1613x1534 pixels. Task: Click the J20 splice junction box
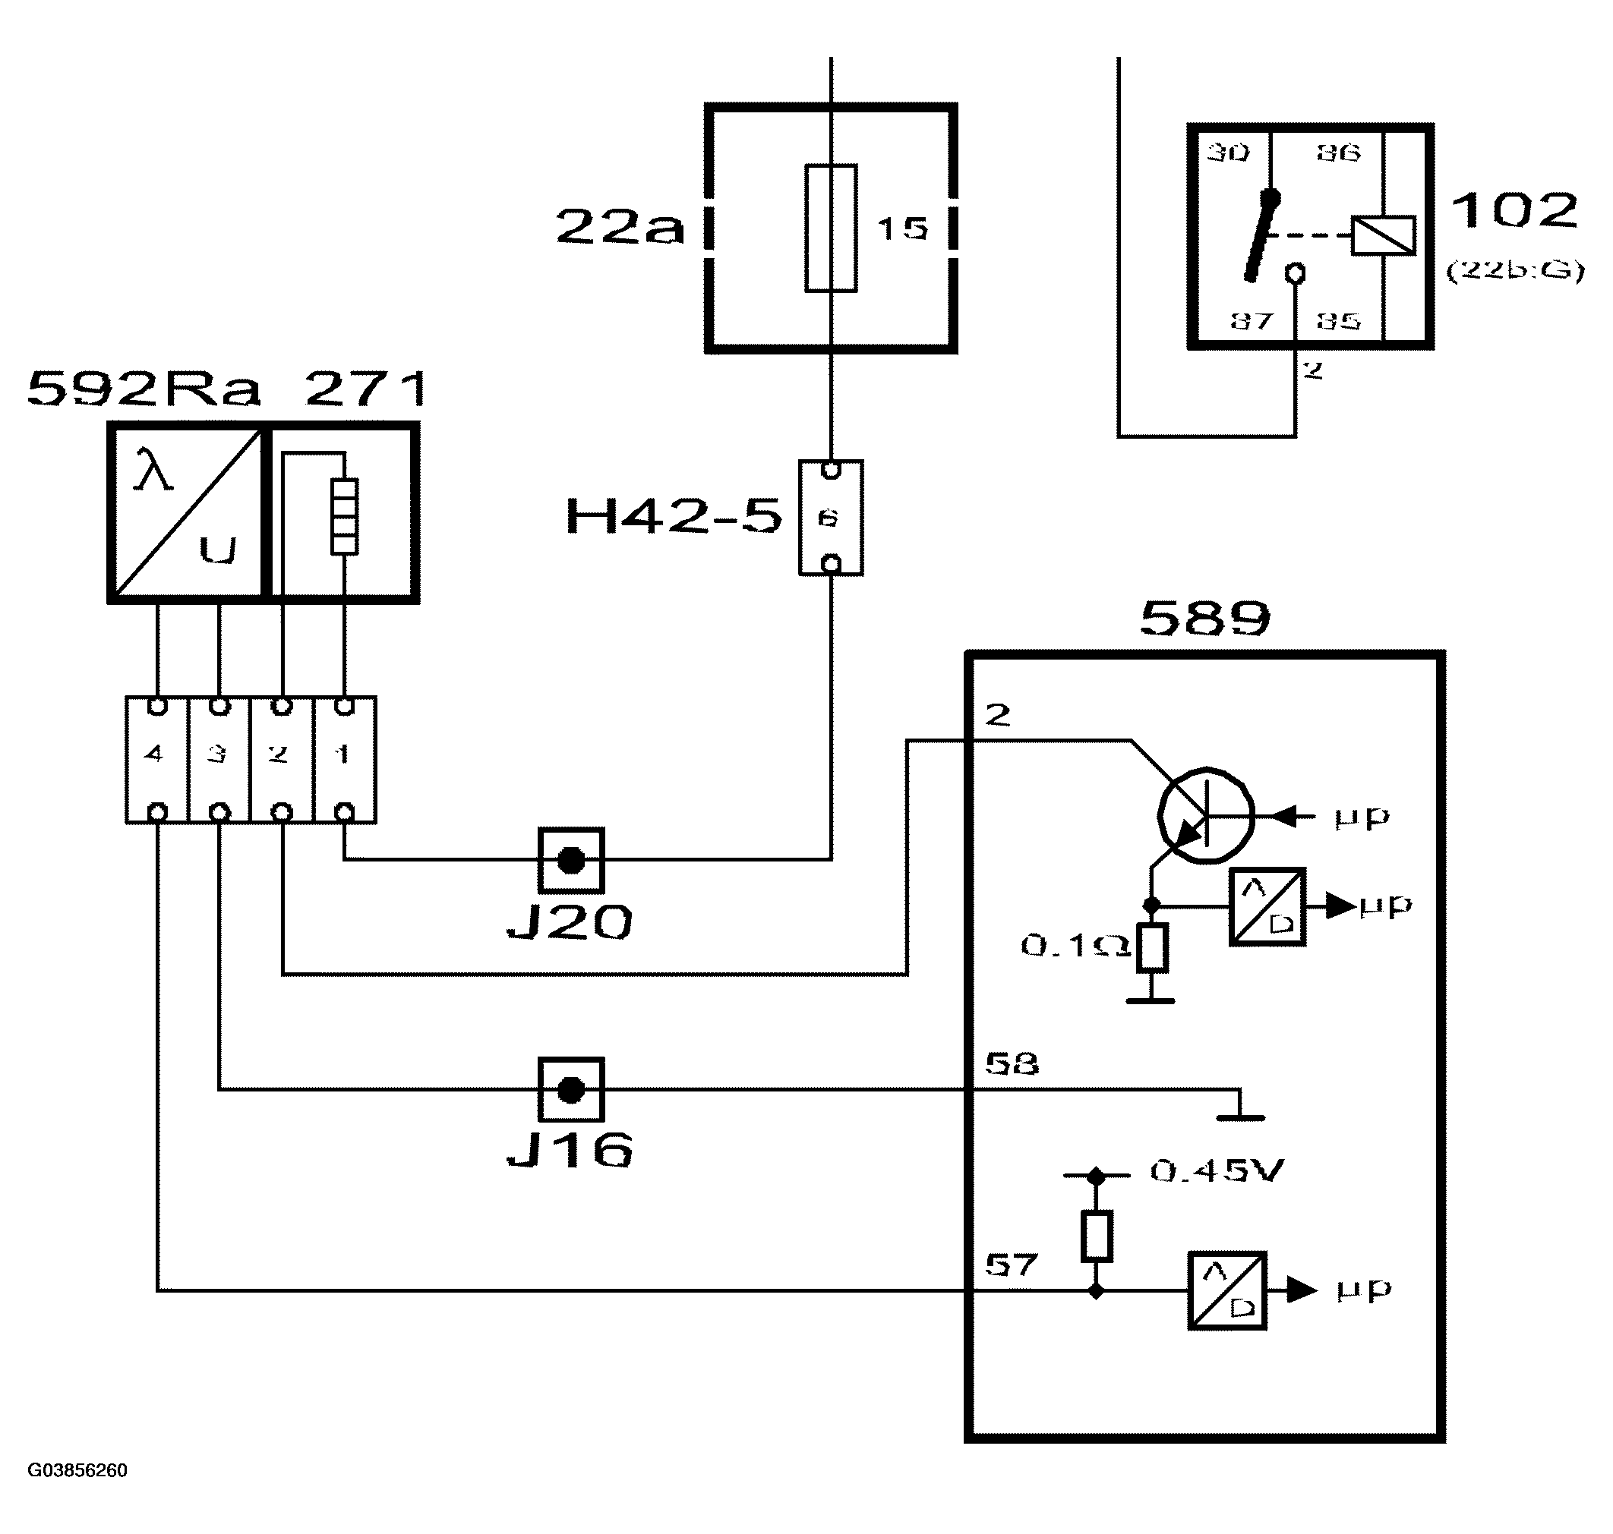(570, 859)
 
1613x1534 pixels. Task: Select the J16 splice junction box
(570, 1089)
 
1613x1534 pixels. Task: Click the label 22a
(619, 226)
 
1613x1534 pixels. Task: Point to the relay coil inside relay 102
(1382, 235)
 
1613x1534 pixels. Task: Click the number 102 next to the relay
(1514, 210)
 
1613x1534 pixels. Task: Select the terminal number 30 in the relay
(1228, 152)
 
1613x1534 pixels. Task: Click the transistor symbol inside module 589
(1206, 815)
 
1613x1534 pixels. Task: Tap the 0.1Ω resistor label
(1075, 946)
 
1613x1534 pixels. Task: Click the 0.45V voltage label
(1217, 1171)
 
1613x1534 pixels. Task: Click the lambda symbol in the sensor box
(153, 470)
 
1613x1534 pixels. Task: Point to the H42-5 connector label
(673, 517)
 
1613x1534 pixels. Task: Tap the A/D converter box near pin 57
(1226, 1290)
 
